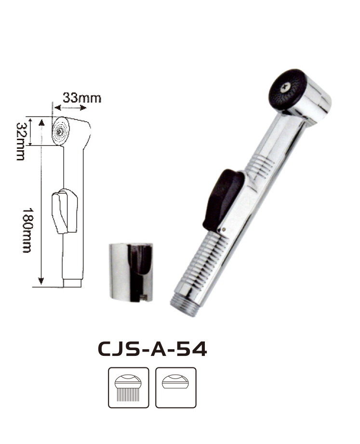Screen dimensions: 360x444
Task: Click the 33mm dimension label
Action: pos(81,98)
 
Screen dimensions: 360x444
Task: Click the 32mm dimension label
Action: pos(20,141)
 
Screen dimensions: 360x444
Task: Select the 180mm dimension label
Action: pos(27,230)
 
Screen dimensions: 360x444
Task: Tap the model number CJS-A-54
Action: pos(152,349)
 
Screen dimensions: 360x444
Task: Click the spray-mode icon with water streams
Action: pos(128,387)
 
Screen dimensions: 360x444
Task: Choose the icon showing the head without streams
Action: pos(176,387)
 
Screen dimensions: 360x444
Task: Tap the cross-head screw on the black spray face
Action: pos(285,88)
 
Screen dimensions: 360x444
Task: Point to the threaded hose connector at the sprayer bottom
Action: pos(184,305)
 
